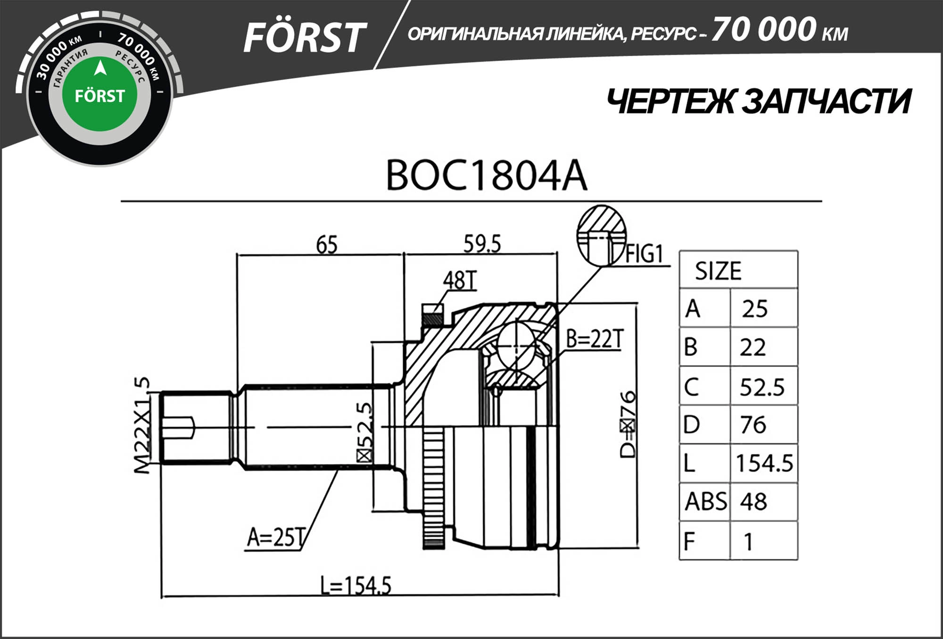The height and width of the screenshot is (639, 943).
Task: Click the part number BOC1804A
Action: (486, 176)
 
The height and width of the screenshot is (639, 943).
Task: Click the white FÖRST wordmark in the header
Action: (304, 38)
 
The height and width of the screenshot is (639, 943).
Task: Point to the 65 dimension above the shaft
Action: (327, 245)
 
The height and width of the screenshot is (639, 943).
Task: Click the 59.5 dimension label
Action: (482, 244)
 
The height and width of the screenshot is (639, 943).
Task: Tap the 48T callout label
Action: (460, 281)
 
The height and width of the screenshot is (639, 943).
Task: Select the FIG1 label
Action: (644, 254)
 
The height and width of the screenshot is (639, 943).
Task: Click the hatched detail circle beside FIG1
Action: (601, 234)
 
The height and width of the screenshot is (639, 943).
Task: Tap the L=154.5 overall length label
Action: (356, 586)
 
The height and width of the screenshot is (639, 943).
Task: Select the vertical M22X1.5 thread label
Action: (142, 424)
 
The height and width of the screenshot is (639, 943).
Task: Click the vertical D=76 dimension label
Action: (628, 424)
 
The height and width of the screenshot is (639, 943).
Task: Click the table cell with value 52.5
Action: (762, 387)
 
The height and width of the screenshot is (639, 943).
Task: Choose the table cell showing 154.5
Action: (764, 463)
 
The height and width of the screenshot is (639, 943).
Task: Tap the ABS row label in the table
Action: (705, 501)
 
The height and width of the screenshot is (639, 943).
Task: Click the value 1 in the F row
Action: (748, 541)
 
